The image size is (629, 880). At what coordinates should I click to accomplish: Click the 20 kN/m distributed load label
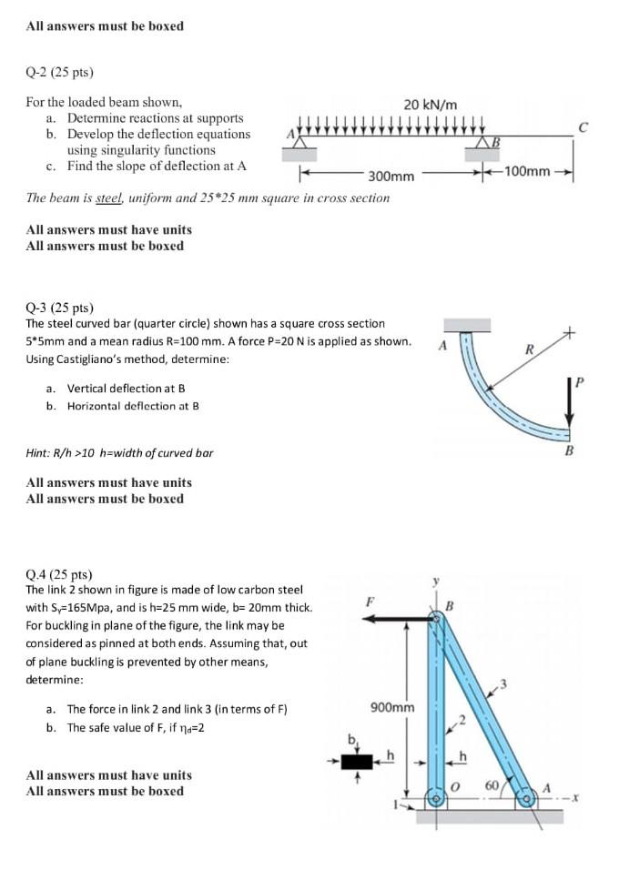[431, 105]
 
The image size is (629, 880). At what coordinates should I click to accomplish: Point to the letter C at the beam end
[593, 129]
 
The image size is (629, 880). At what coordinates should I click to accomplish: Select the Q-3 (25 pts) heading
[60, 308]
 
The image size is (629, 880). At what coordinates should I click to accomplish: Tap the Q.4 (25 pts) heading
[60, 574]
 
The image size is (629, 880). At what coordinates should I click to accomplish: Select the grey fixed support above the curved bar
[466, 326]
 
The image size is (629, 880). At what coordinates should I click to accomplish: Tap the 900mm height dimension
[392, 707]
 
